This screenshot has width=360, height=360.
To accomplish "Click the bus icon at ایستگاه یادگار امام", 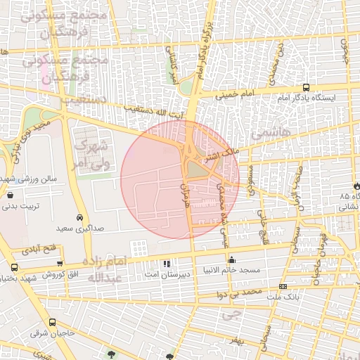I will tap(306, 87).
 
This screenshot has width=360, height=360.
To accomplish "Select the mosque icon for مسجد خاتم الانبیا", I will tap(231, 259).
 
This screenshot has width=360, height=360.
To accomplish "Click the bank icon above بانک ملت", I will tap(283, 286).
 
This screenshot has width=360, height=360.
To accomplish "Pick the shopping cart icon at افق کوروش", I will tap(60, 264).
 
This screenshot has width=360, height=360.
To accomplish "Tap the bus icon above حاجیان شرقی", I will tap(34, 322).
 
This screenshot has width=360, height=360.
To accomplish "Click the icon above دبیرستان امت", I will tap(167, 264).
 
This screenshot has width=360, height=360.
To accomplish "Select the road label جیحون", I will tap(344, 47).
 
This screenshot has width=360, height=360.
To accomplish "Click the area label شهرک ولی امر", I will tap(91, 154).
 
